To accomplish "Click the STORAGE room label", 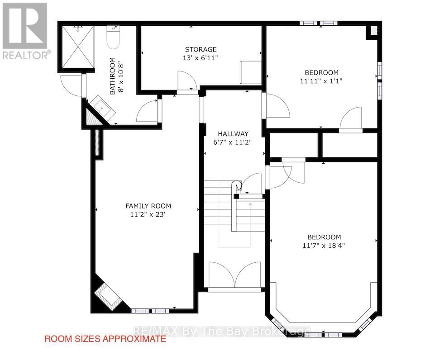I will [201, 49].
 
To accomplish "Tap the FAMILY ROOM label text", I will [148, 206].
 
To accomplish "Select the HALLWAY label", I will [233, 134].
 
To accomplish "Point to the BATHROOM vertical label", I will [113, 76].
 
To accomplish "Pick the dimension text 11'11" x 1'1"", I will [321, 81].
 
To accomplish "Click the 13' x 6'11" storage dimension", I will [201, 58].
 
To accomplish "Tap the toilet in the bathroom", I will [113, 38].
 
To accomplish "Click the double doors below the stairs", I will [234, 274].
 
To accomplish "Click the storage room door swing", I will [187, 81].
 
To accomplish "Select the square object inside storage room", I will [251, 72].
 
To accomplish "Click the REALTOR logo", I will [26, 30].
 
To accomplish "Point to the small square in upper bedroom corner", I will [373, 30].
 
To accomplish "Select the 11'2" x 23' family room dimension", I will [148, 214].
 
